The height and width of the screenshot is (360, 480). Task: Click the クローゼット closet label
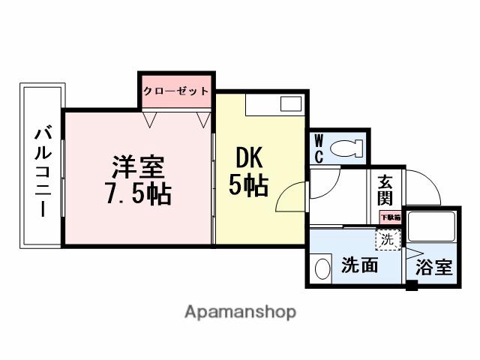tap(177, 91)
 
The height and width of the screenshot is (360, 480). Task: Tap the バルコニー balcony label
tap(42, 171)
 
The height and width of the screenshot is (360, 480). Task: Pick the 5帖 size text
tap(248, 185)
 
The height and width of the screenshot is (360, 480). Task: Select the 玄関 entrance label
tap(385, 190)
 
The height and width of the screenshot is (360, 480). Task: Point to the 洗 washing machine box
tap(387, 241)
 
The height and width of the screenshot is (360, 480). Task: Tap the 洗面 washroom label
tap(359, 266)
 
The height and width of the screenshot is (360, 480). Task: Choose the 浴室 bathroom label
tap(433, 267)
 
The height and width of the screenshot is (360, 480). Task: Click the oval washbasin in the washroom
tap(322, 268)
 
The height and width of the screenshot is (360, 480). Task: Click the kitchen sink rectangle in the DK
tap(290, 104)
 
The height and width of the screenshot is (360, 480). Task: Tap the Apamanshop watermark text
tap(240, 311)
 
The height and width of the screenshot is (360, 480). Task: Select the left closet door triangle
tap(151, 118)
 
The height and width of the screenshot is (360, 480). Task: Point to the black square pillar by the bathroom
tap(411, 285)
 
